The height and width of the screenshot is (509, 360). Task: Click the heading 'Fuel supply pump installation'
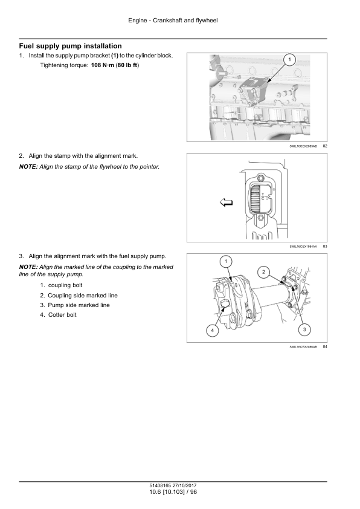71,46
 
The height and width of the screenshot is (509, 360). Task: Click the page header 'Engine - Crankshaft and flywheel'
173,21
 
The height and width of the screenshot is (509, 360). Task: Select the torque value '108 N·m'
103,65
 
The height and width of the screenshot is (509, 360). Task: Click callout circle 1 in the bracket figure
289,59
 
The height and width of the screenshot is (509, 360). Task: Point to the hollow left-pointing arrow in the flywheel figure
227,203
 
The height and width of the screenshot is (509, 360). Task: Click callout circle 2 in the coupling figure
263,272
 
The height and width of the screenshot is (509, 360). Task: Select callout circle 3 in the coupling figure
304,329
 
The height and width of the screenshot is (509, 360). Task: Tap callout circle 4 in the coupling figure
213,331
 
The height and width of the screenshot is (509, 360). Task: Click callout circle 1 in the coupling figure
226,261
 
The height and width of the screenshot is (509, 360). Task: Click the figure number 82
325,146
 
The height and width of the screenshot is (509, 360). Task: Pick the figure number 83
325,247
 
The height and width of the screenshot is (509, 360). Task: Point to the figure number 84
325,347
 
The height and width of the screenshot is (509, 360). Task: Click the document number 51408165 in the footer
160,485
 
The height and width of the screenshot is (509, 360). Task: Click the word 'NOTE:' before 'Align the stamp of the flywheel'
28,167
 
